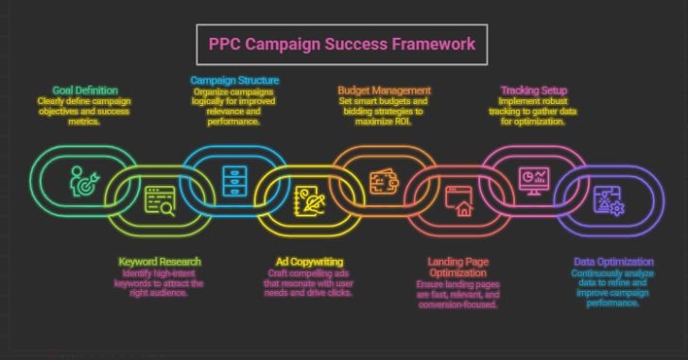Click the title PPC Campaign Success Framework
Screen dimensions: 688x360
coord(341,44)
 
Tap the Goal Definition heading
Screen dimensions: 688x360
coord(71,90)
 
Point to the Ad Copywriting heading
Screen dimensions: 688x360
coord(309,261)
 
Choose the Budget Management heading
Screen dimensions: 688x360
coord(384,90)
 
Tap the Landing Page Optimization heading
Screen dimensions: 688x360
coord(463,267)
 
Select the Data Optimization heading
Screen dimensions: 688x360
coord(613,261)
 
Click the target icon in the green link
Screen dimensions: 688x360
coord(82,181)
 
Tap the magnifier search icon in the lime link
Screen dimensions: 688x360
coord(159,200)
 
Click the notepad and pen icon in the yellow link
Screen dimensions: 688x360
coord(309,200)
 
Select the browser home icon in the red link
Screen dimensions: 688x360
coord(460,201)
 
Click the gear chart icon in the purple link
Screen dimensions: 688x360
coord(607,200)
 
